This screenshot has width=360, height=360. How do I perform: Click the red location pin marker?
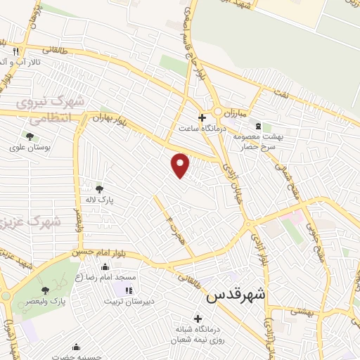pyautogui.click(x=181, y=165)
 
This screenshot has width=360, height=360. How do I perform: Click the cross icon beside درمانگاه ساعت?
pyautogui.click(x=202, y=117)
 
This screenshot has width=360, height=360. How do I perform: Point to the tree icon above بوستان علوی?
pyautogui.click(x=30, y=136)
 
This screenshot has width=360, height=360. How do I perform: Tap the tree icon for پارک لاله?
pyautogui.click(x=98, y=188)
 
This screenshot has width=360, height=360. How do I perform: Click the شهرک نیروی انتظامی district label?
pyautogui.click(x=52, y=110)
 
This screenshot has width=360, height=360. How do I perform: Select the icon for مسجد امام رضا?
pyautogui.click(x=105, y=266)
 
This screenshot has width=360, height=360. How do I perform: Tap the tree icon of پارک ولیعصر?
pyautogui.click(x=44, y=289)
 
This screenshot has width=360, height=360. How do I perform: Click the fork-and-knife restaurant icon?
pyautogui.click(x=15, y=51)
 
